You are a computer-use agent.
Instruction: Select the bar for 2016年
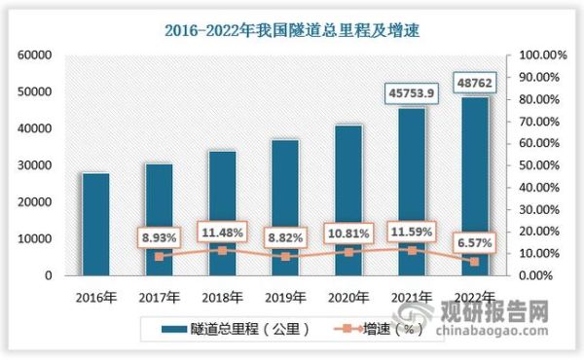point(94,224)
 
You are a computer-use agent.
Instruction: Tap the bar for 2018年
point(222,213)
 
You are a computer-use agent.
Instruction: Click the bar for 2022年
point(475,185)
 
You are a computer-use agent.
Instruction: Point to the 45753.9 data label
point(412,94)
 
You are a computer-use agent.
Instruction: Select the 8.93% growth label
point(159,237)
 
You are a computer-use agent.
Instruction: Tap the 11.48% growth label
point(222,234)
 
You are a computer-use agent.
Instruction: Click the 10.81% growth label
point(348,234)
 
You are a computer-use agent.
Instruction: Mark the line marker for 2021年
point(412,250)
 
